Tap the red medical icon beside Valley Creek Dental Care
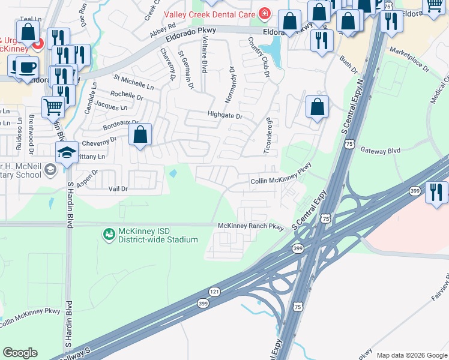(264, 13)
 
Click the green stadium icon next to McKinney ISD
(109, 234)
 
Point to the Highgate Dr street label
(224, 116)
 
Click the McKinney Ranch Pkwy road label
(250, 226)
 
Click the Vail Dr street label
(118, 188)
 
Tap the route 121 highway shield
(214, 291)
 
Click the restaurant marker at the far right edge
(436, 192)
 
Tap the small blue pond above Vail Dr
(173, 174)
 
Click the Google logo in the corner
(20, 353)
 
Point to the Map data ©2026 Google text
(411, 355)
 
